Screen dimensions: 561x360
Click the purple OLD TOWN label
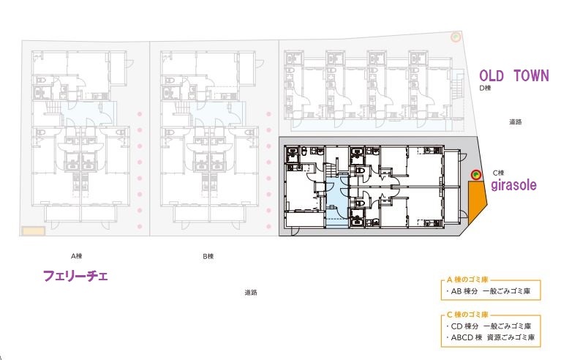tap(513, 76)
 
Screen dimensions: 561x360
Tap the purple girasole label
tap(513, 185)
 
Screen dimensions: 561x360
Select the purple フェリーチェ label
tap(75, 276)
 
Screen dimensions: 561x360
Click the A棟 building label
tap(77, 256)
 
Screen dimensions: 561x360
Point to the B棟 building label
tap(208, 256)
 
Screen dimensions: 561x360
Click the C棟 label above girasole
tap(498, 173)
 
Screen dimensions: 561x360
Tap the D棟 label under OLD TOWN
tap(485, 88)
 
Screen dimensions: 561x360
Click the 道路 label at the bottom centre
tap(251, 293)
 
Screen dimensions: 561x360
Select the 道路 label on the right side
tap(516, 122)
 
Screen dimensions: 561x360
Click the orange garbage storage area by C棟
tap(476, 200)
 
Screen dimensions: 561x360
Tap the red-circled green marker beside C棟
tap(476, 175)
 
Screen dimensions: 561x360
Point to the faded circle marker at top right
tap(456, 37)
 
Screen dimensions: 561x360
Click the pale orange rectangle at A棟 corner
tap(33, 230)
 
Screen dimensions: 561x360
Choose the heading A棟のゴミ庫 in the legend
tap(467, 280)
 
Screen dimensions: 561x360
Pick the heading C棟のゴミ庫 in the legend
tap(467, 315)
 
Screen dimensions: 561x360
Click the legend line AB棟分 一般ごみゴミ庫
tap(489, 291)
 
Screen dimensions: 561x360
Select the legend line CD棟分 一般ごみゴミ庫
tap(489, 326)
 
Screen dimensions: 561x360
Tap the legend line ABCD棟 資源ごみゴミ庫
tap(491, 337)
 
